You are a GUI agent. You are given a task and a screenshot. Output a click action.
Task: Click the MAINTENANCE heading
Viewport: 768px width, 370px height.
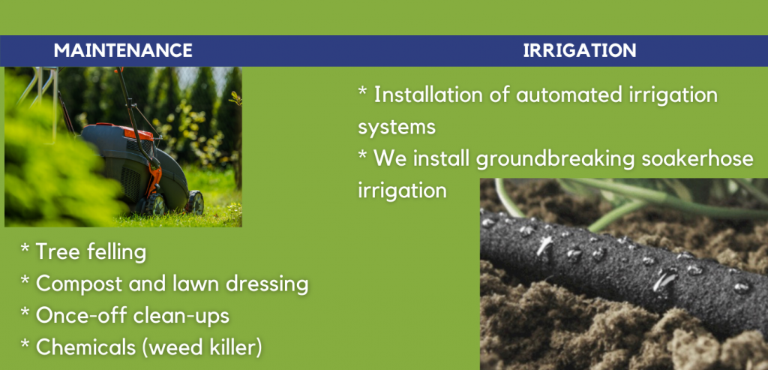123,50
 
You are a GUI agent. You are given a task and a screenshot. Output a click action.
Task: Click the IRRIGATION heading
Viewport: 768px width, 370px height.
580,50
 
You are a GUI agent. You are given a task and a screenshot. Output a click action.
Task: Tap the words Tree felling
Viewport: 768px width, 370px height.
91,252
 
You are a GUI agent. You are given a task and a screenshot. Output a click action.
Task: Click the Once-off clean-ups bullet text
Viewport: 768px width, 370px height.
132,316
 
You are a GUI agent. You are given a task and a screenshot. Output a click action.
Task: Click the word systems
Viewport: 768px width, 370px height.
397,127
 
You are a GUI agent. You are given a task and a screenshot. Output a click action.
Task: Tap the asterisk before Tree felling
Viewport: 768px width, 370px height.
25,248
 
